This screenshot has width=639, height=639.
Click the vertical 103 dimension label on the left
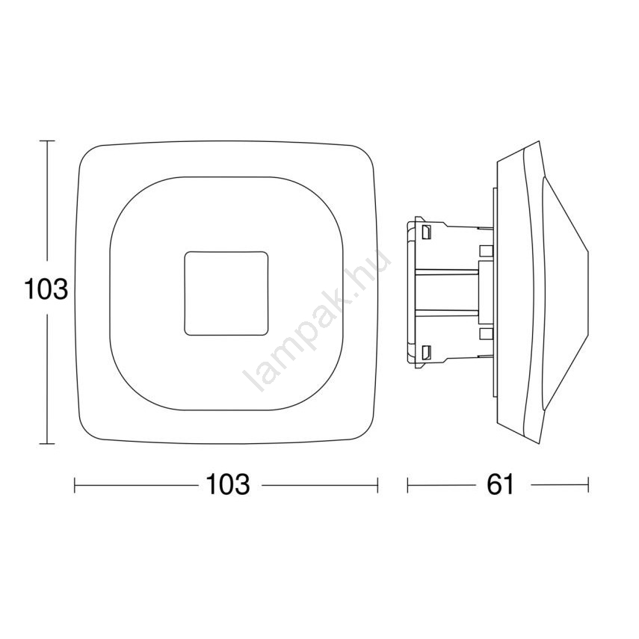pos(46,289)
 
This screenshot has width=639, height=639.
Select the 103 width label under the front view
pos(228,484)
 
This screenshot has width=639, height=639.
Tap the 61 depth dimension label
pos(501,484)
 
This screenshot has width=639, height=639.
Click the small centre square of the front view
pos(226,294)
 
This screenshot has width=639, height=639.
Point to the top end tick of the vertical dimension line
pos(47,141)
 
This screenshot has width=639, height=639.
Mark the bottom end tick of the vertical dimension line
pos(47,443)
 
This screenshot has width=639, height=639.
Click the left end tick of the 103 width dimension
pos(75,485)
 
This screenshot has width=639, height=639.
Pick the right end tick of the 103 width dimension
pos(377,485)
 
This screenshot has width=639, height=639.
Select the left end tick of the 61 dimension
pos(408,485)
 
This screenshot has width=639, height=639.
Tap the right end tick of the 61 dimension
pos(588,485)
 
